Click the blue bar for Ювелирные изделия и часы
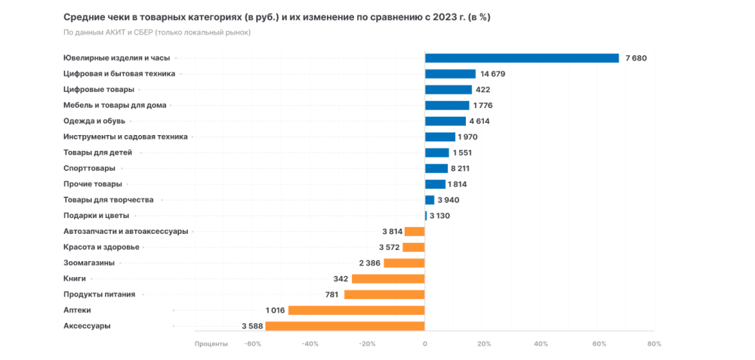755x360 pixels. click(x=522, y=58)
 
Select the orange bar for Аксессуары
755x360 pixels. click(x=344, y=326)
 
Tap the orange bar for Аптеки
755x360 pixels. click(x=356, y=310)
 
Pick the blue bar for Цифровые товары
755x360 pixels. click(x=448, y=90)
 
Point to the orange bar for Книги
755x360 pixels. click(x=388, y=278)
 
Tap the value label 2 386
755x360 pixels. click(x=369, y=263)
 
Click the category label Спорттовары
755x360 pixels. click(x=89, y=168)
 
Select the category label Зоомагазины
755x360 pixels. click(x=89, y=263)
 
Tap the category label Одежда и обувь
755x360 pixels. click(x=95, y=121)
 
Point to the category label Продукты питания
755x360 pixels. click(x=99, y=294)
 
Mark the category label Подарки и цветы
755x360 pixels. click(x=96, y=216)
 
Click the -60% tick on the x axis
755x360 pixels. click(x=253, y=344)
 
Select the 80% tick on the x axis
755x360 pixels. click(x=654, y=344)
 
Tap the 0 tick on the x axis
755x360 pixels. click(x=425, y=344)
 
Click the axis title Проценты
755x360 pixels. click(x=211, y=344)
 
